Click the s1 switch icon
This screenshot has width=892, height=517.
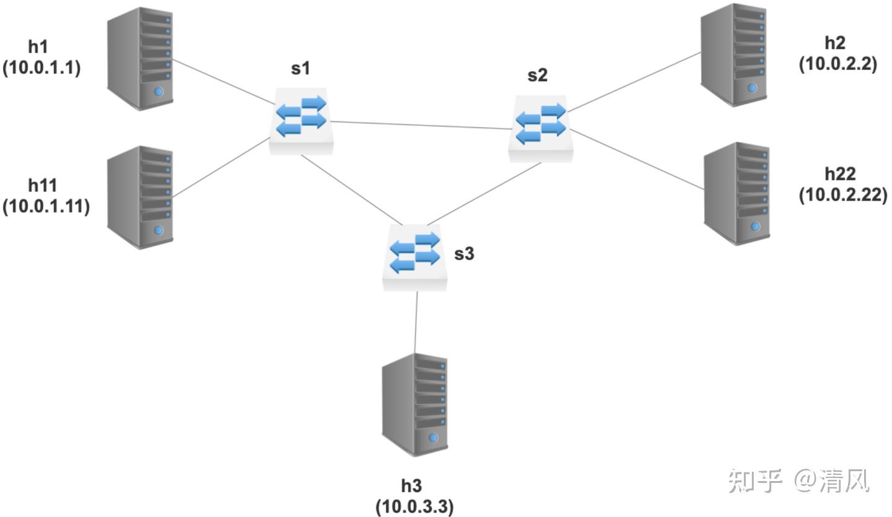pyautogui.click(x=301, y=121)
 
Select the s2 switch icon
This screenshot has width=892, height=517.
pyautogui.click(x=541, y=128)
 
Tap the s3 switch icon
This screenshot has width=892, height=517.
pyautogui.click(x=414, y=258)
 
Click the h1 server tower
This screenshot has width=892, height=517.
pyautogui.click(x=140, y=58)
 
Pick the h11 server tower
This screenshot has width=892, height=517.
pyautogui.click(x=140, y=198)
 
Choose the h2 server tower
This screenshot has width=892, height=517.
pyautogui.click(x=733, y=55)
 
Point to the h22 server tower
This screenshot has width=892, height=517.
pyautogui.click(x=737, y=194)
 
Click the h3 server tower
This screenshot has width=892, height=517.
pyautogui.click(x=414, y=405)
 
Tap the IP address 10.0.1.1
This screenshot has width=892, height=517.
pyautogui.click(x=42, y=67)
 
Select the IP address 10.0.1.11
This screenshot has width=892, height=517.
pyautogui.click(x=46, y=207)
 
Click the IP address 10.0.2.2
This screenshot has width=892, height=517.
pyautogui.click(x=838, y=64)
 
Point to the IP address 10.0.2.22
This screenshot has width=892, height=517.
pyautogui.click(x=843, y=195)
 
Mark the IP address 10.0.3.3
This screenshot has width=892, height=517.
pyautogui.click(x=414, y=506)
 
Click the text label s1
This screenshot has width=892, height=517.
pyautogui.click(x=300, y=69)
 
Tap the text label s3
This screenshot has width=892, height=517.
pyautogui.click(x=465, y=253)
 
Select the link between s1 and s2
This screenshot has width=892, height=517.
pyautogui.click(x=421, y=125)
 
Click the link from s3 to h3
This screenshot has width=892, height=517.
pyautogui.click(x=416, y=323)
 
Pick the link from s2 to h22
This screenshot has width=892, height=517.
pyautogui.click(x=637, y=159)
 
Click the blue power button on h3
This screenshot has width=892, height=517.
pyautogui.click(x=433, y=438)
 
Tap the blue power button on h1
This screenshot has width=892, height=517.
pyautogui.click(x=159, y=92)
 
